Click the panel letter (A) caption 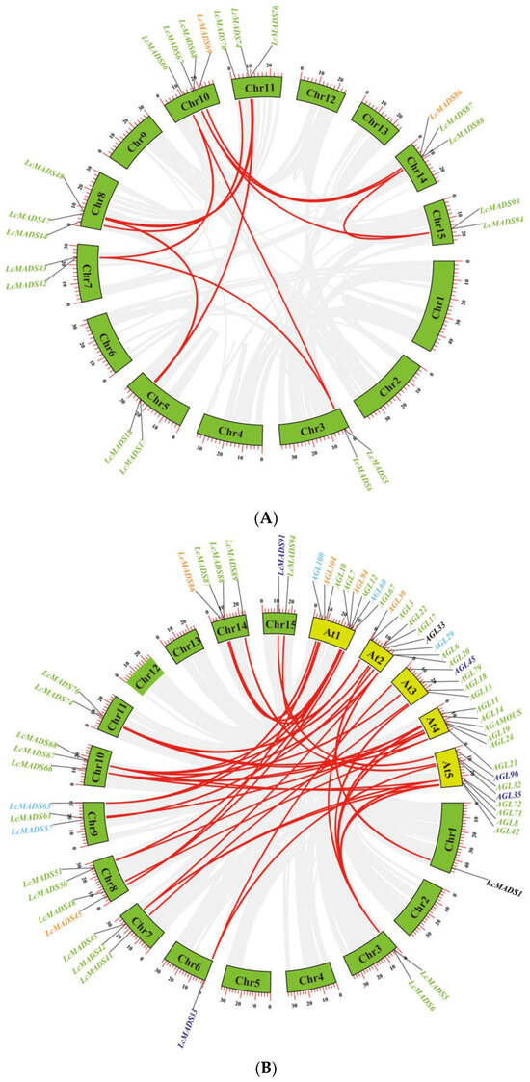pyautogui.click(x=265, y=518)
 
